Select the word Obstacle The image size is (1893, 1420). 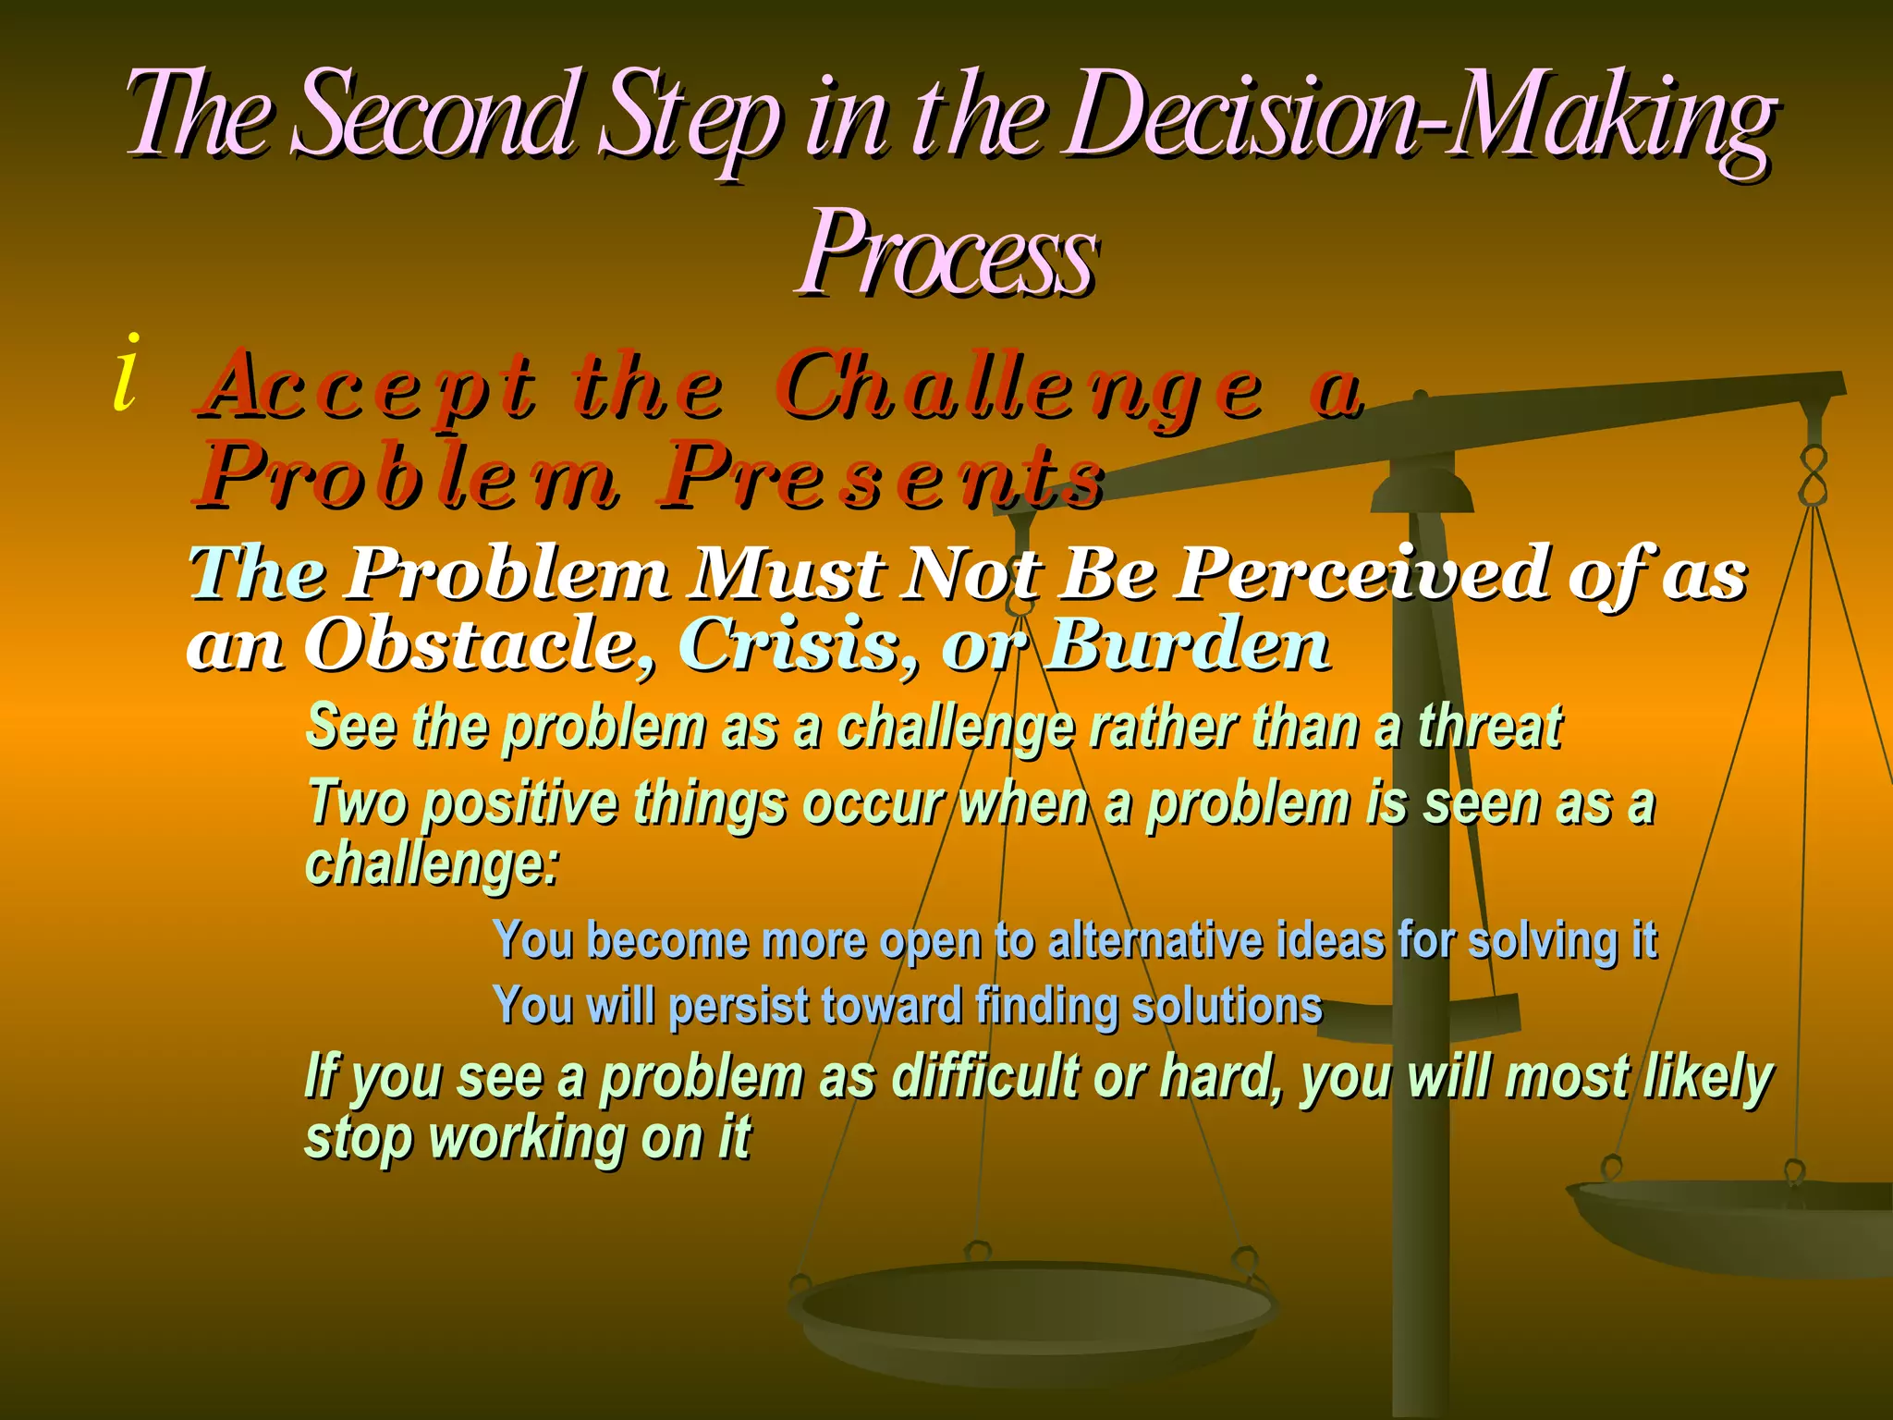[x=481, y=644]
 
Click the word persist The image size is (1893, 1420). [x=739, y=1006]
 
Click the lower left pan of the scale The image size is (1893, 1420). [x=1031, y=1313]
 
